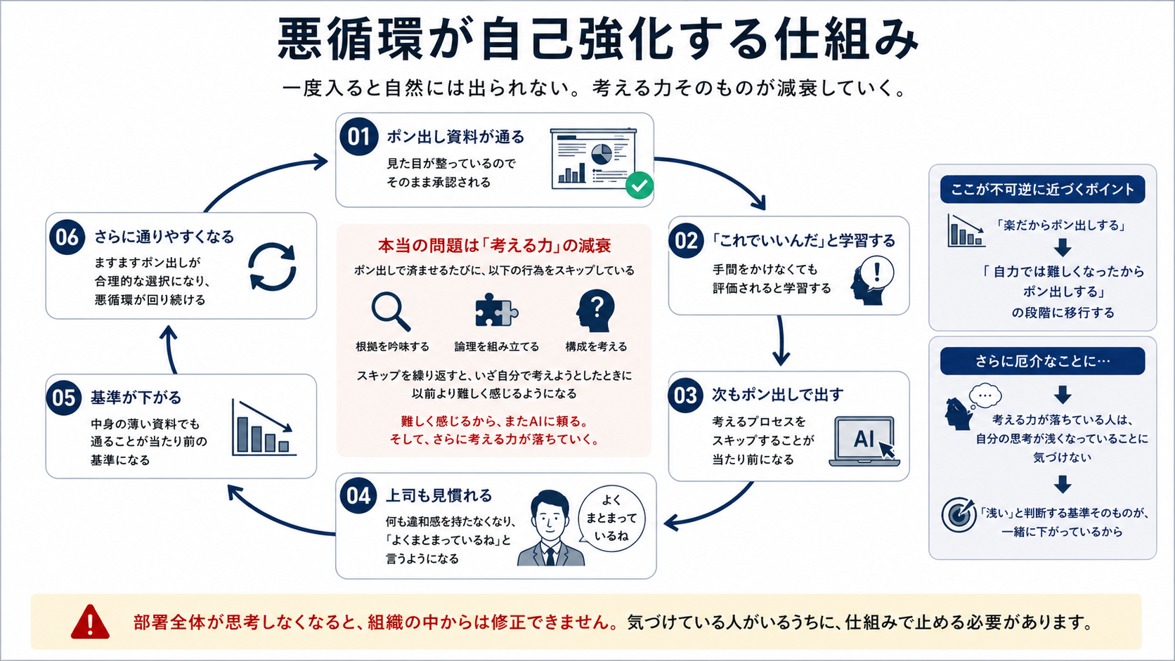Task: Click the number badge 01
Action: (358, 136)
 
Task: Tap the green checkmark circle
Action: (640, 185)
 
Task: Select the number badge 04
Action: (358, 496)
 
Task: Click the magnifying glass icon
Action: (391, 311)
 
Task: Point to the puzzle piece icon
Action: (496, 310)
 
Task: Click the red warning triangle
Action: (90, 622)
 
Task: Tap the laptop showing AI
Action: (864, 441)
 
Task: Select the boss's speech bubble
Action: (611, 519)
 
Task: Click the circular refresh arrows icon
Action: (272, 267)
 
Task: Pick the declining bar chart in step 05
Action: (264, 428)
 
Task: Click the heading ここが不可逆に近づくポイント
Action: (1042, 189)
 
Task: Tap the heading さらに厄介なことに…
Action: (1042, 361)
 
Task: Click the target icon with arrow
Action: (959, 515)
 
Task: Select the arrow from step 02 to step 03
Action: (781, 341)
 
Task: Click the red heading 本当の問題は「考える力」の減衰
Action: (494, 245)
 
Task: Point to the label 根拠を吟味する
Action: (392, 346)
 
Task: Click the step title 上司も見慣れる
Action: (439, 495)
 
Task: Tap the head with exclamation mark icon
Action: (871, 280)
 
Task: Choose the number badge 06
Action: (67, 237)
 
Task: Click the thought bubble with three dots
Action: (985, 395)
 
